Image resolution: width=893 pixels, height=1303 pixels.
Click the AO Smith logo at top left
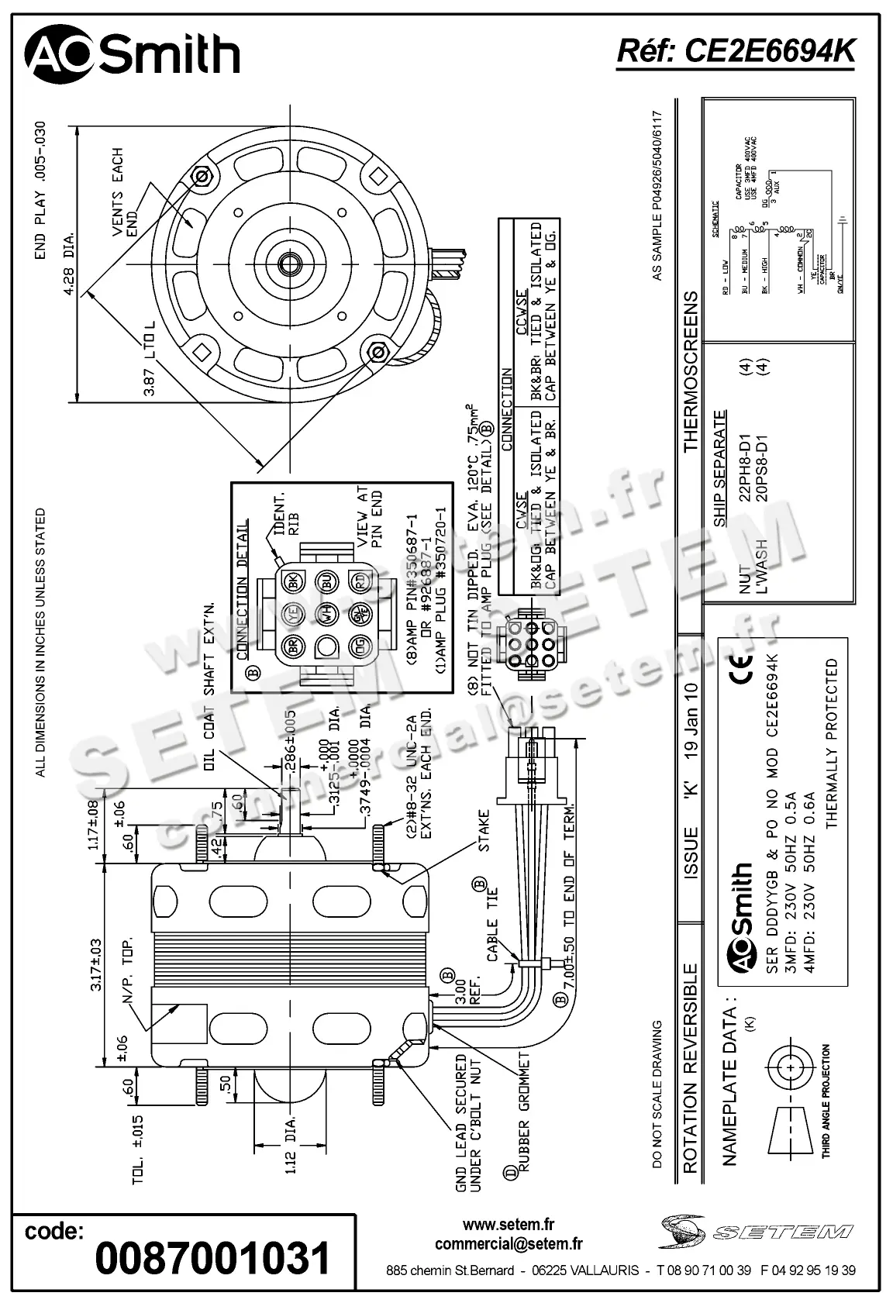pyautogui.click(x=132, y=55)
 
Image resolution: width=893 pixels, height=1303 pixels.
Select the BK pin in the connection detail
pyautogui.click(x=292, y=581)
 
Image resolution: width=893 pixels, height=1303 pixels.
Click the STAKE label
pyautogui.click(x=484, y=832)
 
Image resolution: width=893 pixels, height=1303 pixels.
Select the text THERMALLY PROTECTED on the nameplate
pyautogui.click(x=833, y=744)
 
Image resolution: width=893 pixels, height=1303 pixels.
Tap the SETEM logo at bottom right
pyautogui.click(x=756, y=1231)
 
